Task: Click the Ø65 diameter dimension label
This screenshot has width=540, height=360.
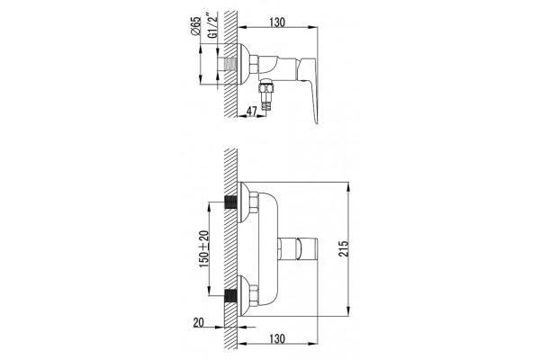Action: point(195,25)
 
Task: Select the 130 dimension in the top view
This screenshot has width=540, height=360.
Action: point(277,22)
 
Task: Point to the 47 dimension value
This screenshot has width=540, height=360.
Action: point(252,112)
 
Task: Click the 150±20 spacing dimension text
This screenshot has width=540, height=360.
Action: point(204,249)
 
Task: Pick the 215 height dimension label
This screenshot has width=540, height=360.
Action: point(344,248)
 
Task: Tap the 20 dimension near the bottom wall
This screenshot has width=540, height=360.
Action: point(198,322)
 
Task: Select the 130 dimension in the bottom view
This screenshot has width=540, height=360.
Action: point(277,338)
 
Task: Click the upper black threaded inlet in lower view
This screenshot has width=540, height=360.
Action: point(230,202)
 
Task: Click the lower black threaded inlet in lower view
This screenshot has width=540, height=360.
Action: point(230,295)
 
